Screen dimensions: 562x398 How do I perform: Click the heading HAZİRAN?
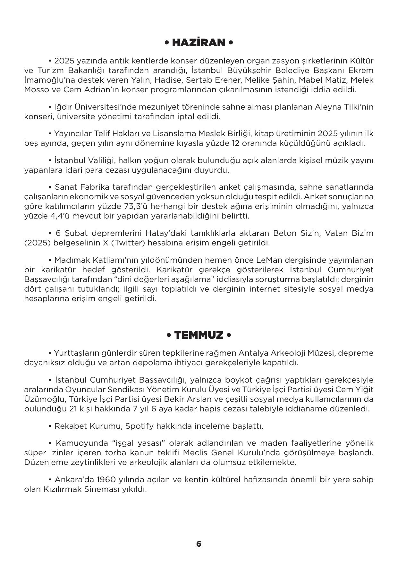pyautogui.click(x=199, y=43)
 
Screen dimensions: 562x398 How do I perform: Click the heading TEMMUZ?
pyautogui.click(x=199, y=335)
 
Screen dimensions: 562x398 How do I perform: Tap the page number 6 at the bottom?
pyautogui.click(x=199, y=544)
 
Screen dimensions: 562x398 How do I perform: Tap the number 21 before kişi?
pyautogui.click(x=74, y=409)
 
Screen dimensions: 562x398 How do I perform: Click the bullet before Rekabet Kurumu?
pyautogui.click(x=50, y=426)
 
